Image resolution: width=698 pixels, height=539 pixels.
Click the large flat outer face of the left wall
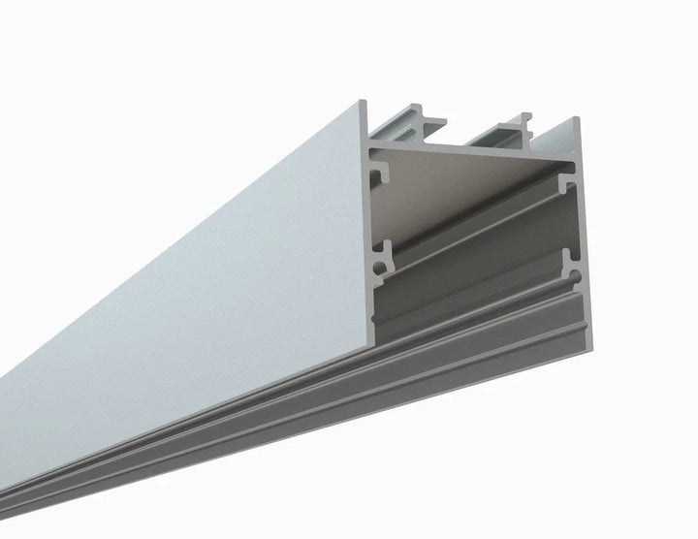[194, 291]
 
